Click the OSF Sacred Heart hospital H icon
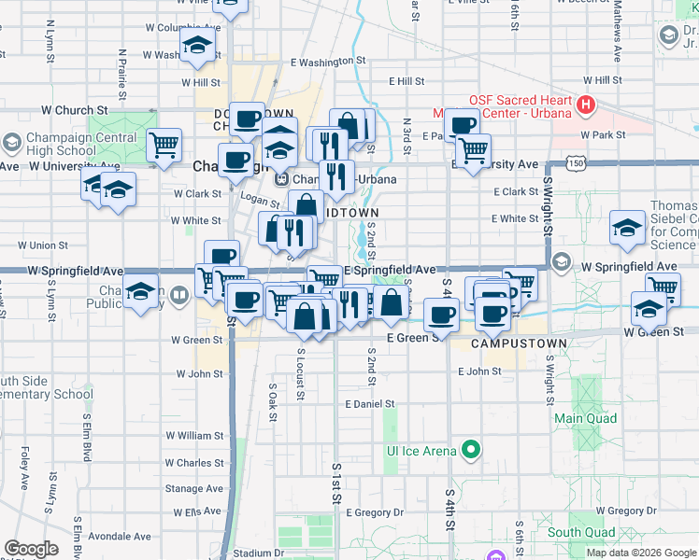(587, 104)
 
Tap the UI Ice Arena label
(421, 451)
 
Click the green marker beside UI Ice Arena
(472, 451)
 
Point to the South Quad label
(581, 533)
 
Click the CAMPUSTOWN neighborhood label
(519, 343)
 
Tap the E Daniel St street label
(370, 404)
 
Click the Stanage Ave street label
(194, 488)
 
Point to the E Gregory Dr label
(375, 512)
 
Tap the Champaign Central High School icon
(11, 144)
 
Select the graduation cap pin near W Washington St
(198, 46)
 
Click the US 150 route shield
(578, 163)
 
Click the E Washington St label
(327, 62)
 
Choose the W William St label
(194, 435)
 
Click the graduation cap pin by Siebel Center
(628, 227)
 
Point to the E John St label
(479, 371)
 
